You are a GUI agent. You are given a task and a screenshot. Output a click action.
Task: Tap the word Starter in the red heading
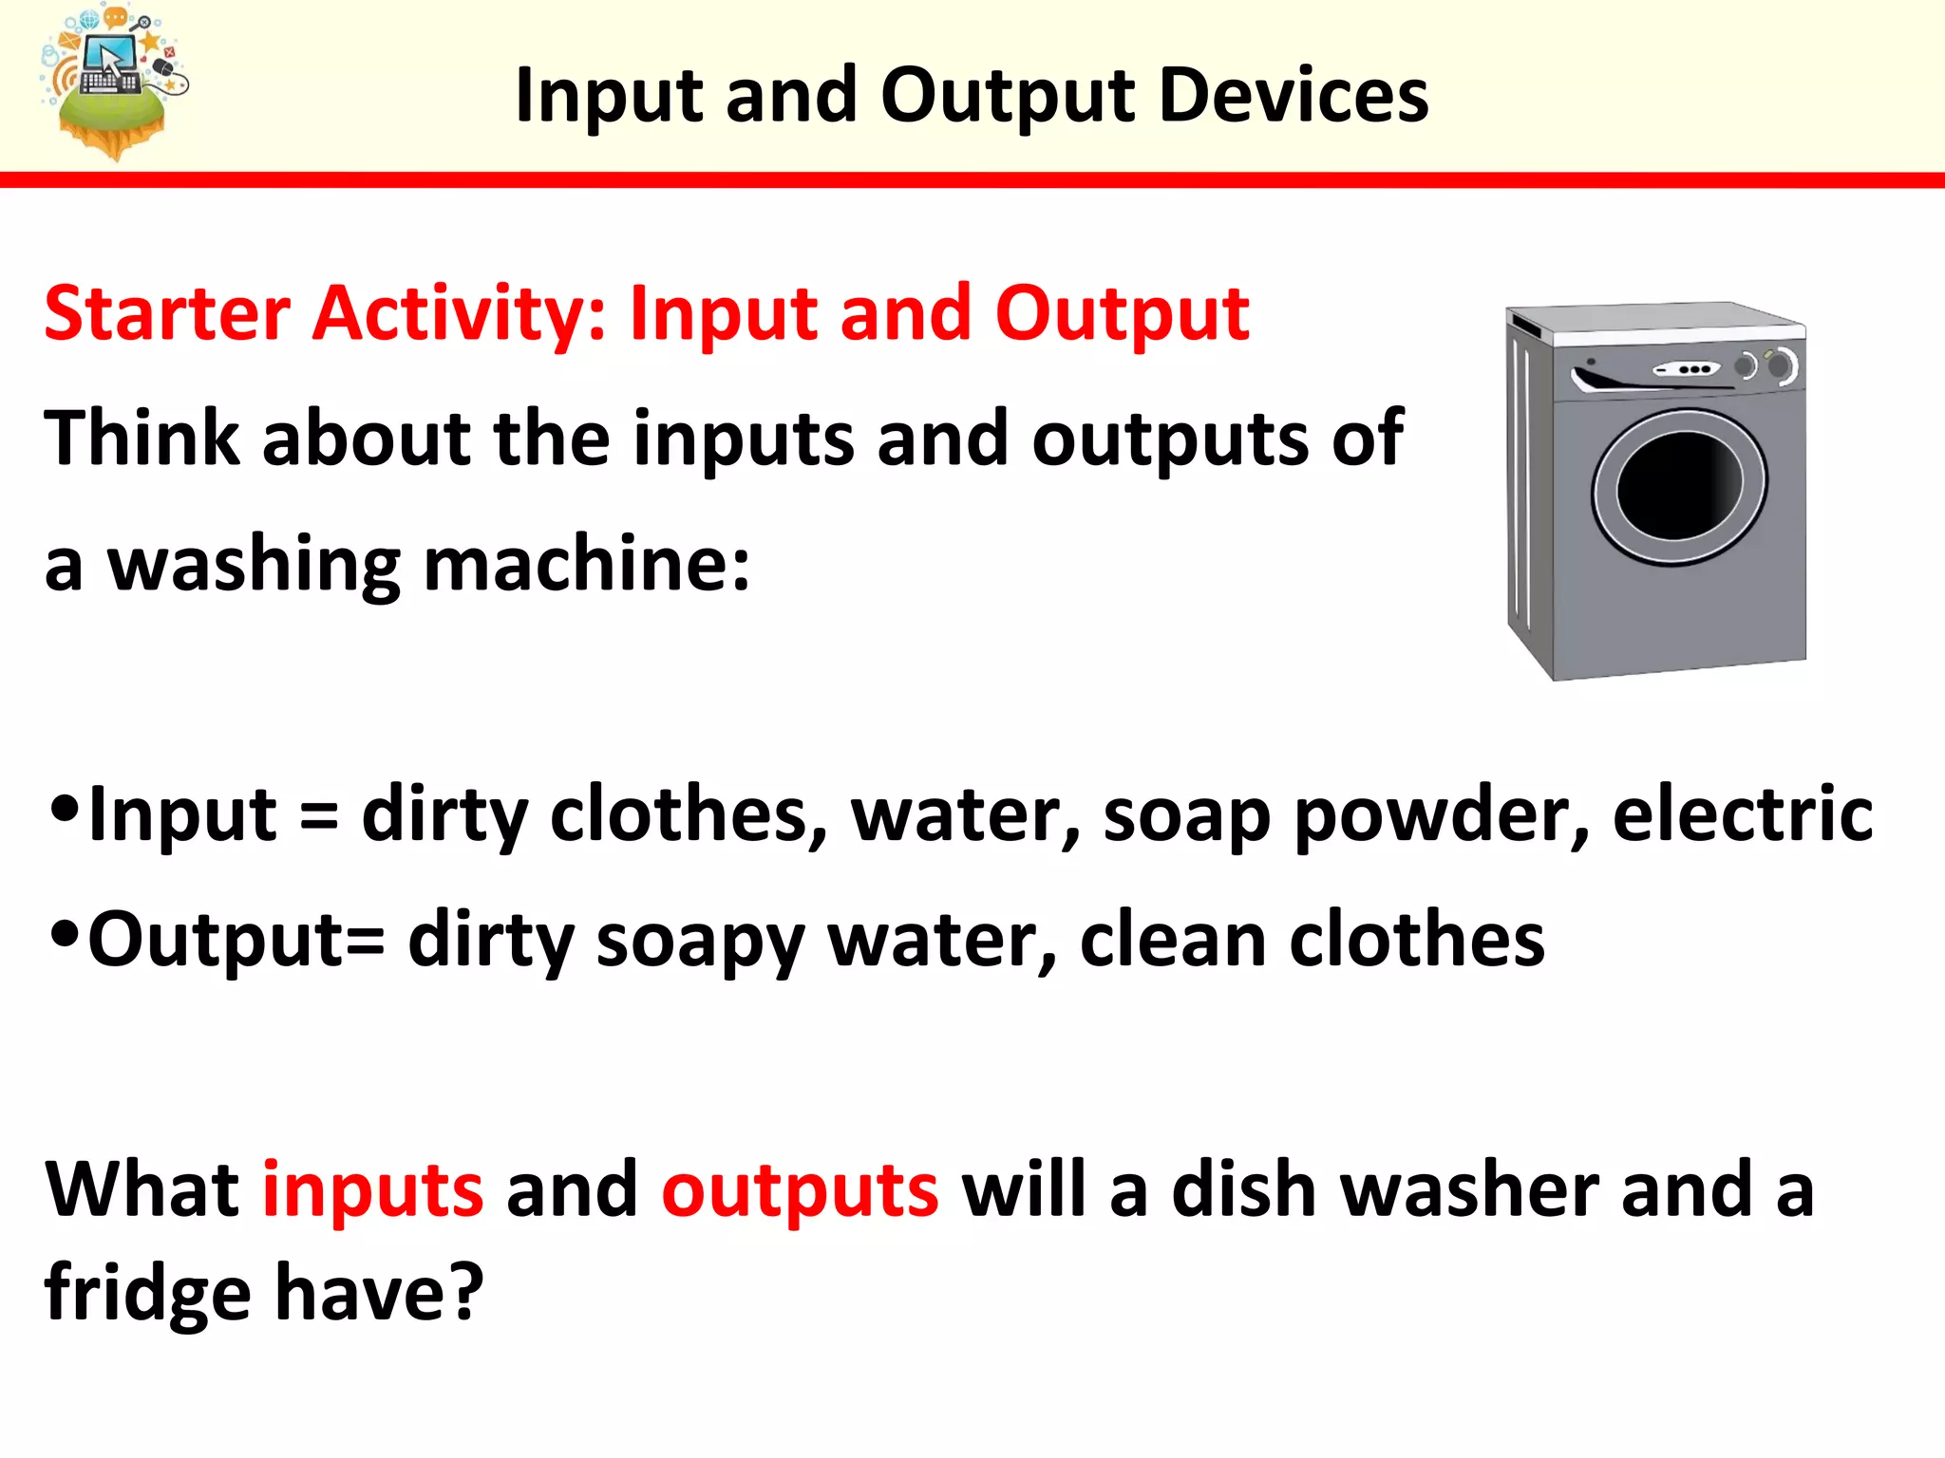[167, 313]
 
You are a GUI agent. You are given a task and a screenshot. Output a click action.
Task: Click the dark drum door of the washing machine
[1679, 486]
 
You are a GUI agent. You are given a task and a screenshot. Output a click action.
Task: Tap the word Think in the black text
[142, 438]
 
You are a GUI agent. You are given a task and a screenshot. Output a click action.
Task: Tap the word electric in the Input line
[1743, 814]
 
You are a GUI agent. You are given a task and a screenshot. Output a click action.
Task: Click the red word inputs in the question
[372, 1192]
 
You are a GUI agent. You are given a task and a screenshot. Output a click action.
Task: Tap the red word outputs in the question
[800, 1192]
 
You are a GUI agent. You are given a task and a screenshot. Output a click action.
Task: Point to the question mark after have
[465, 1293]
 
